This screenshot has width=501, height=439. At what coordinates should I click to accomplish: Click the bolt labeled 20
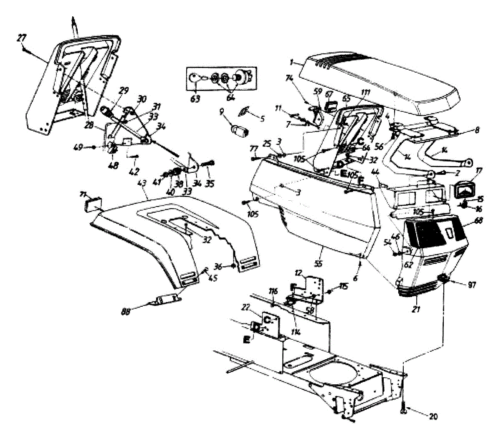click(x=404, y=411)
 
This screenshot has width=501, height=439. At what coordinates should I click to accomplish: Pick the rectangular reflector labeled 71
click(x=91, y=206)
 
